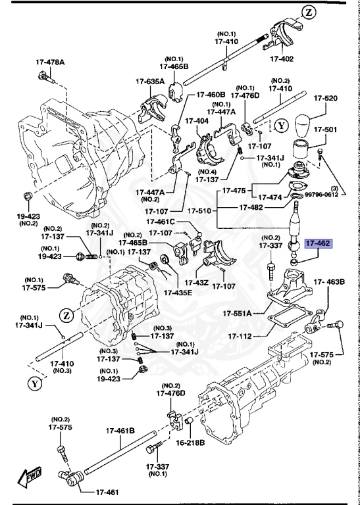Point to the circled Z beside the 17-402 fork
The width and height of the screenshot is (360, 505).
310,11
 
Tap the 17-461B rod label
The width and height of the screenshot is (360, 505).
120,431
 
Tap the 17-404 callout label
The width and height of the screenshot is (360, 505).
197,121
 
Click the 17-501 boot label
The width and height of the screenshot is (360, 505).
325,129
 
